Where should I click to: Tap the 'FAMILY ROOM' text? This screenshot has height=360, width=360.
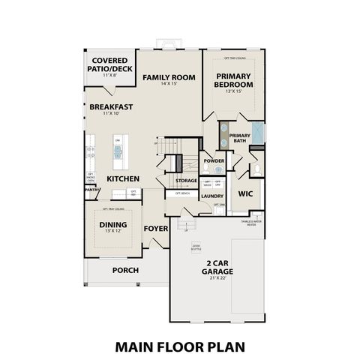point(169,77)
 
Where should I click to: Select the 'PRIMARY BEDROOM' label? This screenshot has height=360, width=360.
point(235,80)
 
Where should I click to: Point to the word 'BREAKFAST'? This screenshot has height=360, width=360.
point(111,107)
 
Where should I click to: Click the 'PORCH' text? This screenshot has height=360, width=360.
point(125,270)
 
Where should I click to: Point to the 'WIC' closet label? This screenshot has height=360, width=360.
point(245,193)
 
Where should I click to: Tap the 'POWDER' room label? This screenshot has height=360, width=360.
point(214,161)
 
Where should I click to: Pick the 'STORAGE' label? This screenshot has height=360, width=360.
point(187,181)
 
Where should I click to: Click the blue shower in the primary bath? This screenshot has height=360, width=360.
point(256,133)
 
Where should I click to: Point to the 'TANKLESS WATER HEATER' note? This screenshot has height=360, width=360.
point(251,223)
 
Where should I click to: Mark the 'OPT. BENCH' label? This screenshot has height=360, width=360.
point(181,193)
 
